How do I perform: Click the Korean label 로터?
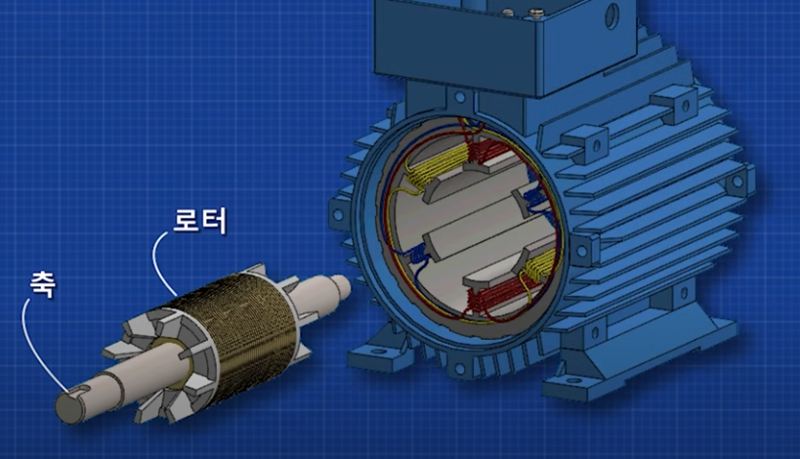point(199,221)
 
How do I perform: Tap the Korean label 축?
point(43,283)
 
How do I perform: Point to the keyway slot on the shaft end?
point(79,391)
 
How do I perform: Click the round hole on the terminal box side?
point(611,17)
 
